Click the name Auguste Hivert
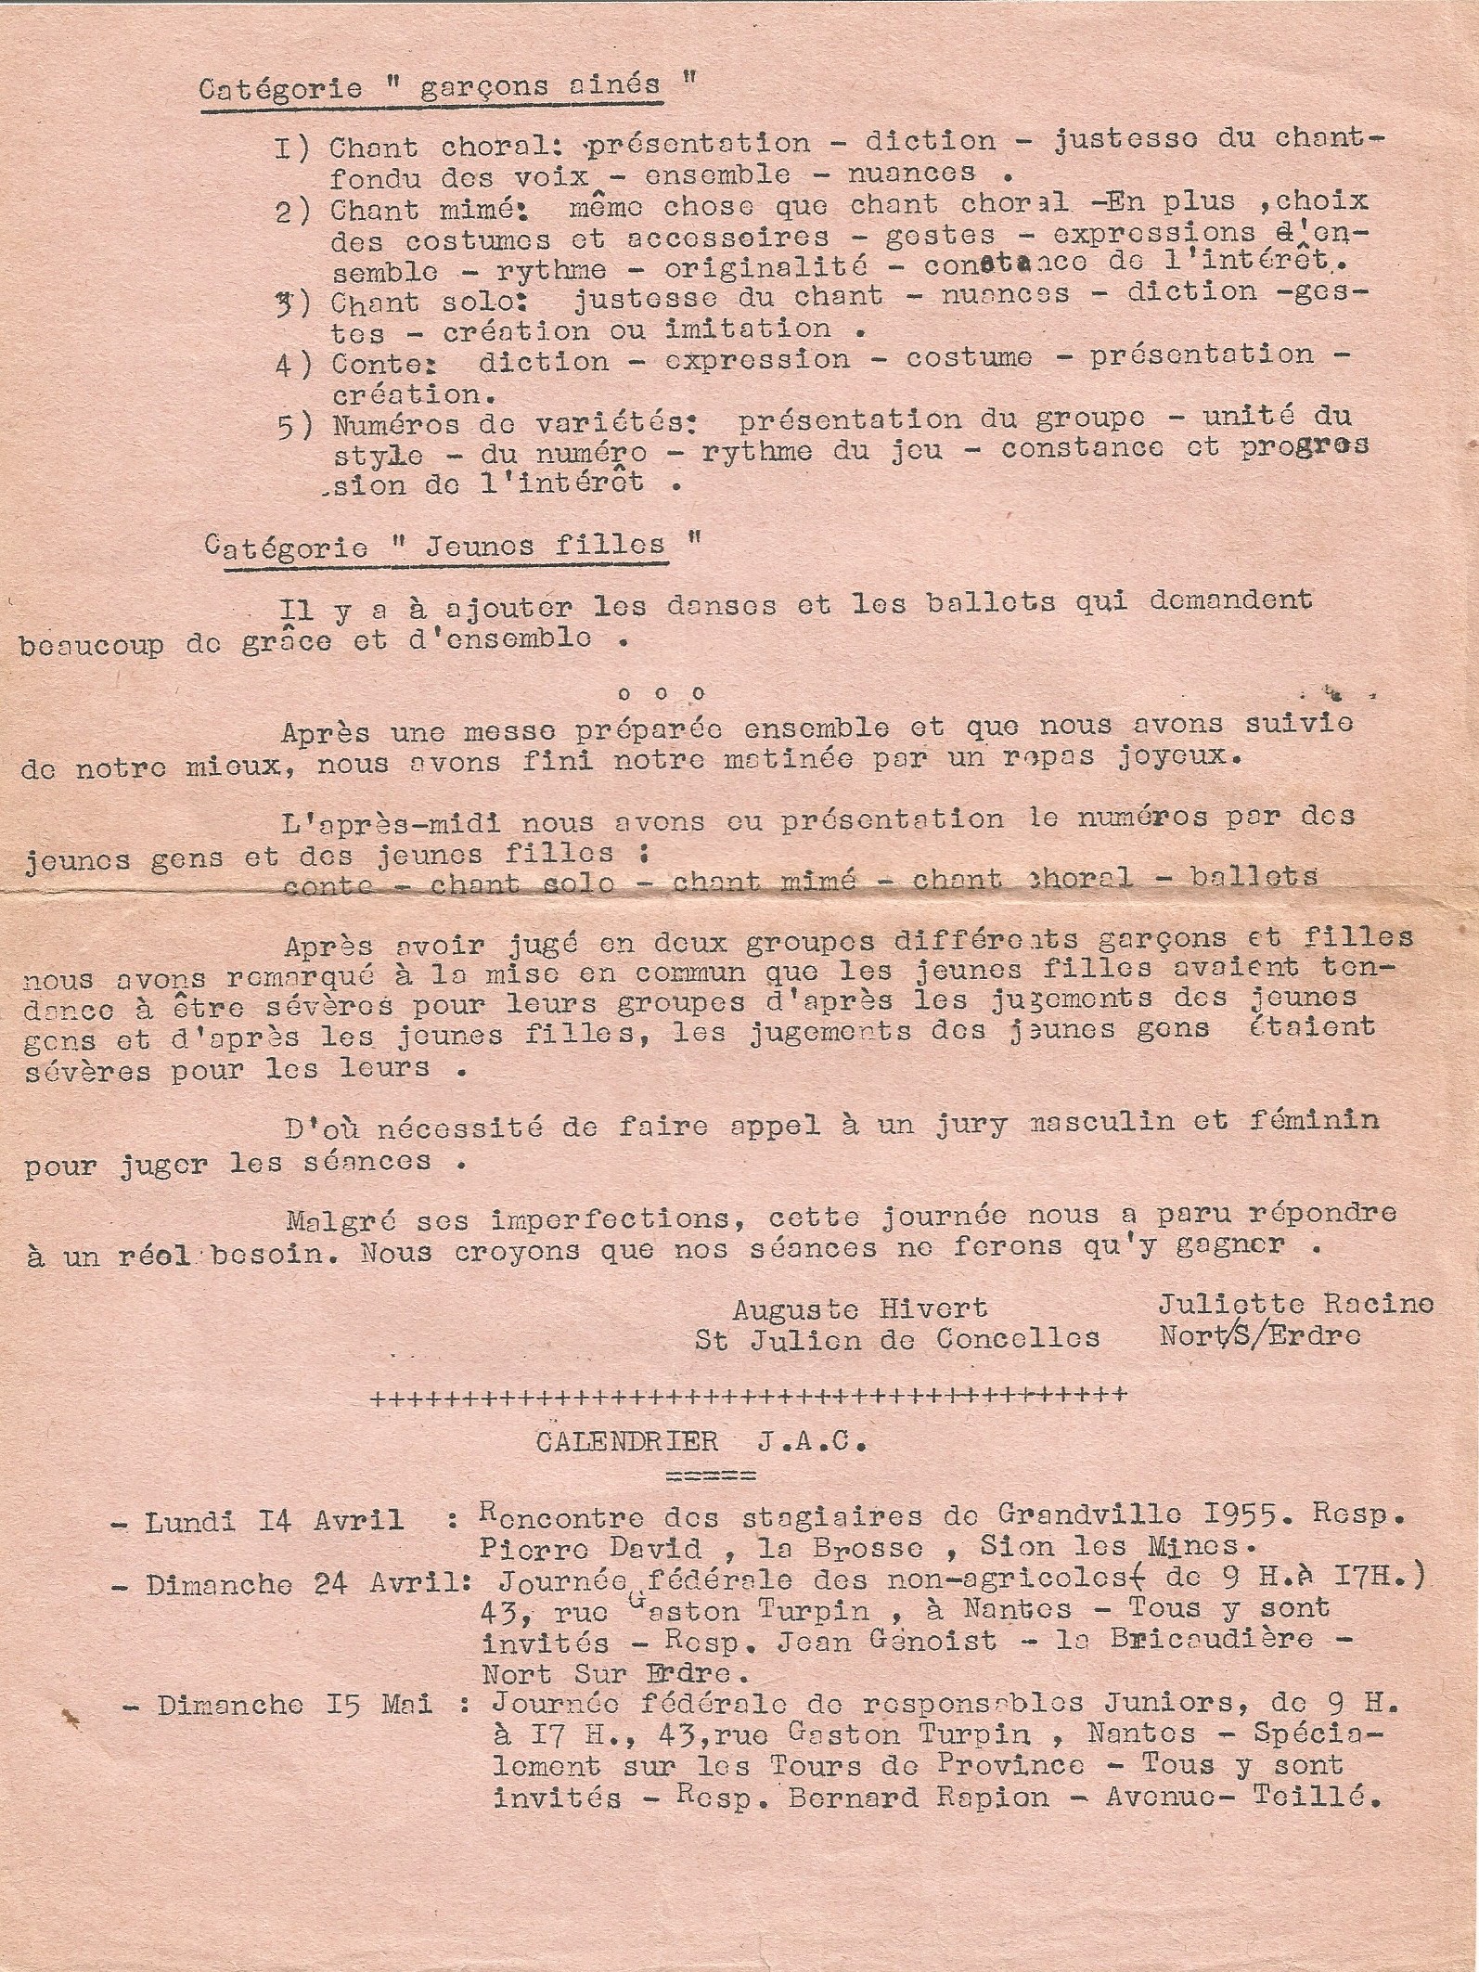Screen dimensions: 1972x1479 pyautogui.click(x=859, y=1308)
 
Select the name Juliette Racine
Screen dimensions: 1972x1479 pyautogui.click(x=1295, y=1304)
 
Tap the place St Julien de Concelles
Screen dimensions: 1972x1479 pyautogui.click(x=897, y=1339)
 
